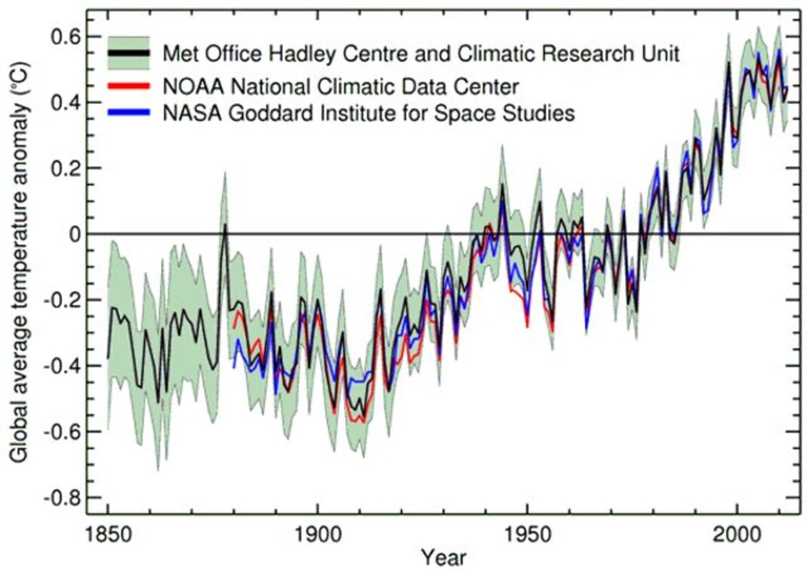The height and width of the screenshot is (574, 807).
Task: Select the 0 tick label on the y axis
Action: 73,234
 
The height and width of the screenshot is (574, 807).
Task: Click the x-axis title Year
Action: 444,558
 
